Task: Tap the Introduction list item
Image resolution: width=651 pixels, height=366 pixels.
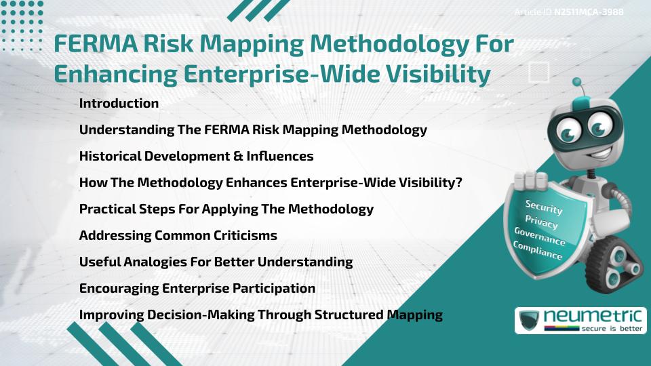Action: click(119, 104)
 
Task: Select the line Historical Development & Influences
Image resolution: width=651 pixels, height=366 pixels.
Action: click(196, 156)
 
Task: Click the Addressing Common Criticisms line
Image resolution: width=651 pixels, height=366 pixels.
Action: click(178, 235)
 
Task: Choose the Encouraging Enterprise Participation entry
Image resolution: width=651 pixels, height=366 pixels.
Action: click(197, 288)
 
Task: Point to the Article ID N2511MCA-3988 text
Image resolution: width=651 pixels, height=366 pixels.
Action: click(569, 12)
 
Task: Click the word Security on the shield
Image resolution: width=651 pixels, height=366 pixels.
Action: click(544, 207)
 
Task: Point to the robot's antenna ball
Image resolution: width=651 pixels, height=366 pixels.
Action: click(577, 83)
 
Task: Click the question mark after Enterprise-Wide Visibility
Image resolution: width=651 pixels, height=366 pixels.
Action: click(458, 182)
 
